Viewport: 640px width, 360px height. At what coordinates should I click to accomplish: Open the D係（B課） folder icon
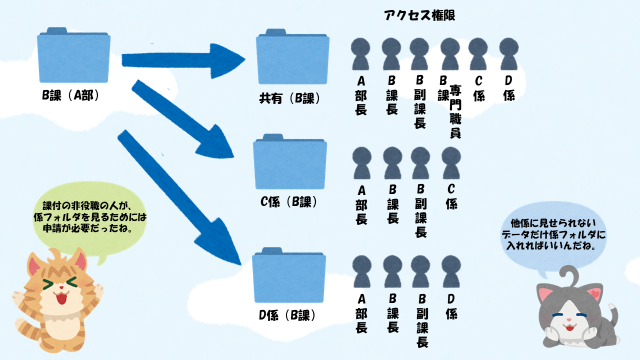click(x=289, y=274)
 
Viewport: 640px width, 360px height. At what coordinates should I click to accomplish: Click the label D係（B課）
click(x=287, y=315)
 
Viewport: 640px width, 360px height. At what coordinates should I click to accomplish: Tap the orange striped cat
click(x=57, y=300)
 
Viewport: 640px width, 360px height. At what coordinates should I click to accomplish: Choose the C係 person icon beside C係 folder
click(x=451, y=163)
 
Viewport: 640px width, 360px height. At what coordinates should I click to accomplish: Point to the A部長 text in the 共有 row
click(x=360, y=95)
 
